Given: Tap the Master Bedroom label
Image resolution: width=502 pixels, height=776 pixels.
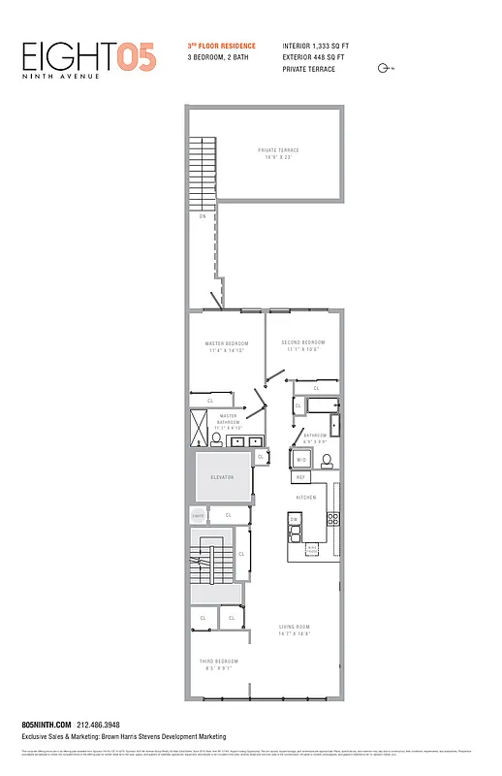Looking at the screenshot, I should pyautogui.click(x=226, y=347).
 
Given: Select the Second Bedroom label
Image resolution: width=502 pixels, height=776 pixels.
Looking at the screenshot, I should pyautogui.click(x=303, y=346).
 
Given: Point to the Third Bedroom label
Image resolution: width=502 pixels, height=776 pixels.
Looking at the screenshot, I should pyautogui.click(x=218, y=664).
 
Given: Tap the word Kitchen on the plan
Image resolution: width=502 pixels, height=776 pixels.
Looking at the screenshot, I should pyautogui.click(x=306, y=498).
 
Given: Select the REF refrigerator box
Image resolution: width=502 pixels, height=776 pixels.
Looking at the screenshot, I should pyautogui.click(x=300, y=477).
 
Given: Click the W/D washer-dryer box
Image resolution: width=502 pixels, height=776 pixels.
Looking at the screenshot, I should pyautogui.click(x=301, y=460).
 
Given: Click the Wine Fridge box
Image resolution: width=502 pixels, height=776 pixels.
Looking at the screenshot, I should pyautogui.click(x=312, y=549).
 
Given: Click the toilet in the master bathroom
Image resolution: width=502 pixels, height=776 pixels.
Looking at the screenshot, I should pyautogui.click(x=216, y=440).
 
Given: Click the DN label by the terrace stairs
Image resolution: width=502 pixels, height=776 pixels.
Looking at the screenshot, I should pyautogui.click(x=203, y=215).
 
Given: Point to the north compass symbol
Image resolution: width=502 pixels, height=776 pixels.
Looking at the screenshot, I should pyautogui.click(x=385, y=68).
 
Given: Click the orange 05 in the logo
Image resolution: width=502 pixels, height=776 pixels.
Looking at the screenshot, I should pyautogui.click(x=137, y=56).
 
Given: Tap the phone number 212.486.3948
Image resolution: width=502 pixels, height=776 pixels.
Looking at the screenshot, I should pyautogui.click(x=97, y=724).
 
